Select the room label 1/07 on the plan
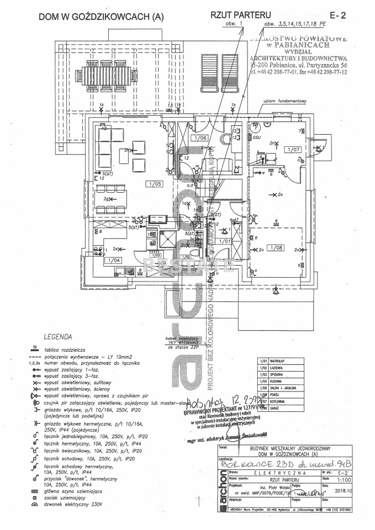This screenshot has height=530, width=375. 293,150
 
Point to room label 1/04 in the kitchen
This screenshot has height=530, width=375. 114,260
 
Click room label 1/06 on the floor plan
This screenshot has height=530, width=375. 200,137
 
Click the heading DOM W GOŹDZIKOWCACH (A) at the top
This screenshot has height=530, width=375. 101,17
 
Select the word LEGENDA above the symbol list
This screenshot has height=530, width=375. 57,336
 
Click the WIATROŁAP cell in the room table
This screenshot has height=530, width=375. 281,361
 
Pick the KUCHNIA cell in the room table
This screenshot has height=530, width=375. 278,381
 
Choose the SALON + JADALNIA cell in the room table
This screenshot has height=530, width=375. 286,388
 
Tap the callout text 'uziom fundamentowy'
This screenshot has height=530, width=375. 284,101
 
